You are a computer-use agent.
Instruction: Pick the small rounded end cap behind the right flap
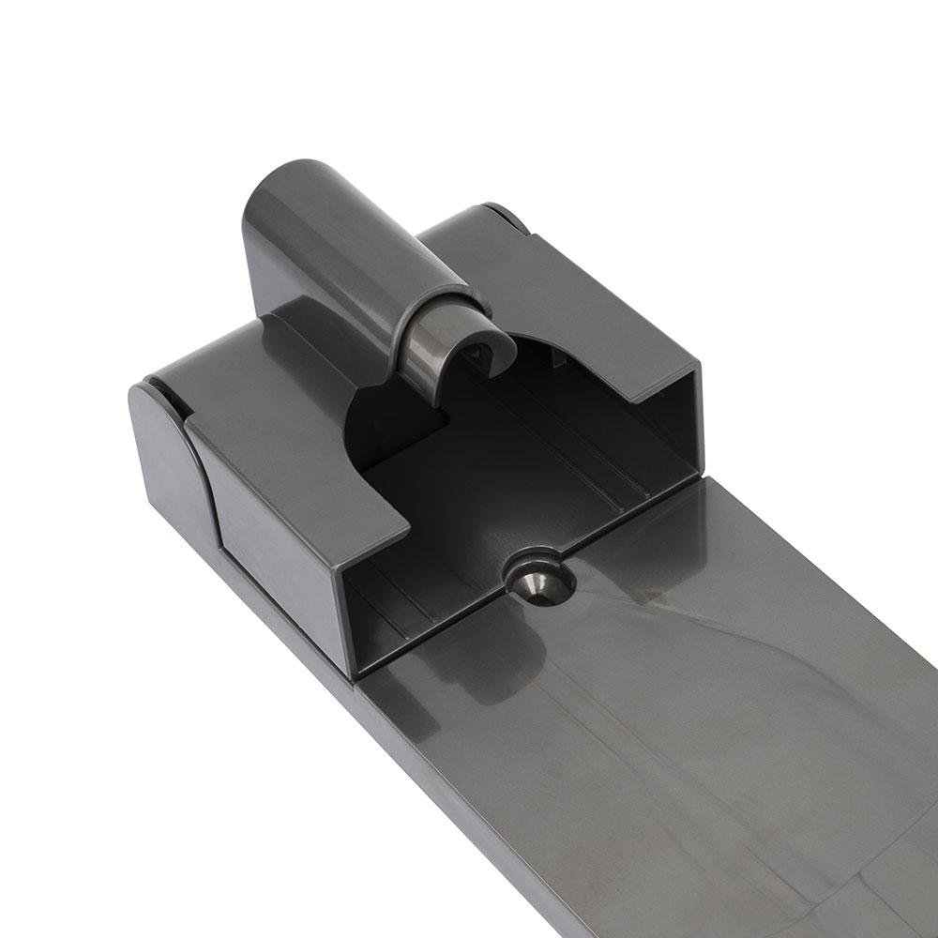pos(507,215)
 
